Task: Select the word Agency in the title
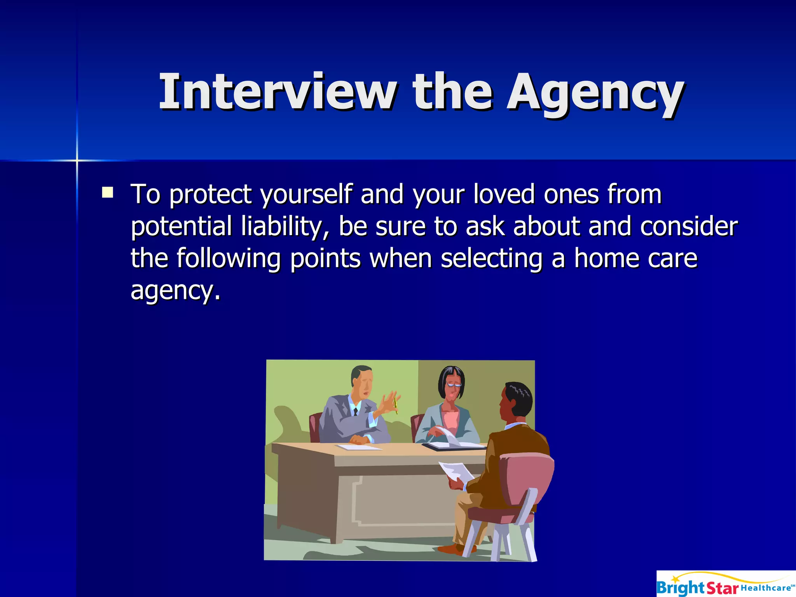[x=595, y=93]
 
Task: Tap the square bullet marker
[x=107, y=193]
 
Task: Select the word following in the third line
[x=229, y=258]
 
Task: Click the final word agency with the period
[x=175, y=290]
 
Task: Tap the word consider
[x=688, y=226]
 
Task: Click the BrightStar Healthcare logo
[x=726, y=583]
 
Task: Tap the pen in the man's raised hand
[x=396, y=405]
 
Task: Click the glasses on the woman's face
[x=453, y=384]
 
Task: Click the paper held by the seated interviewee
[x=456, y=471]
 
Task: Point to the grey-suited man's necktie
[x=355, y=412]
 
